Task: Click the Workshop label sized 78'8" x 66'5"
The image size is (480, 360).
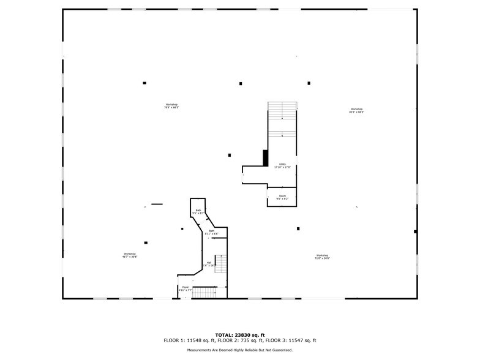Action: (x=171, y=106)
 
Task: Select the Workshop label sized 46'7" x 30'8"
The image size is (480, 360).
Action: (x=129, y=255)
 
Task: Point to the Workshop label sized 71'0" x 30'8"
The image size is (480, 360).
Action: (x=322, y=257)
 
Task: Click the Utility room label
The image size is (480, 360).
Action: (x=282, y=165)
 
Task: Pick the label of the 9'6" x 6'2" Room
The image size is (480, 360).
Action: (x=282, y=197)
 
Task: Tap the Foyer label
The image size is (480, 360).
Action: (x=185, y=288)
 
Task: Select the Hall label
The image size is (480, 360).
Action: (x=209, y=264)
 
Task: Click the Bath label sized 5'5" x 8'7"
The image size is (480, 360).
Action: (x=198, y=212)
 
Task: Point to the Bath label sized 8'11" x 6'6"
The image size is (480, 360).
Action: (x=211, y=232)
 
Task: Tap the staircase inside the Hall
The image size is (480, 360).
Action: (x=222, y=265)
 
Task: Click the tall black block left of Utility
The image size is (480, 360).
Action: (x=265, y=158)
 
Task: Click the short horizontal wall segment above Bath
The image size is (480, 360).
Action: (x=157, y=204)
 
